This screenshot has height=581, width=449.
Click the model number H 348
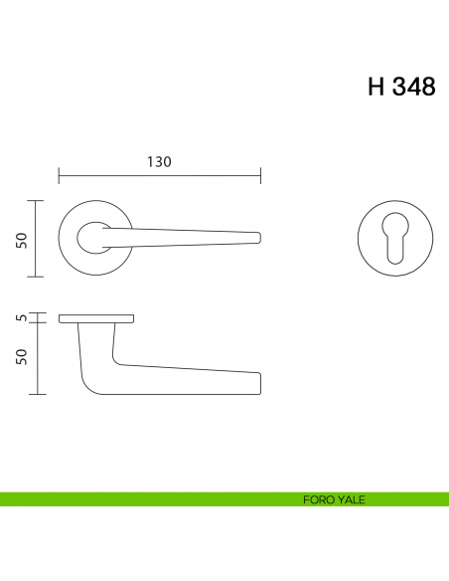(x=401, y=87)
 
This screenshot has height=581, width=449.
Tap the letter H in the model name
(x=376, y=87)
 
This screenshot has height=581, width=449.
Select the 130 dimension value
(x=160, y=162)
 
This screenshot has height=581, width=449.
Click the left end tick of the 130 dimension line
(x=60, y=176)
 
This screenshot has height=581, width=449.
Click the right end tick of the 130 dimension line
(x=261, y=176)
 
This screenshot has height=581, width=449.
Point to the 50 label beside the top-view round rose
(x=21, y=239)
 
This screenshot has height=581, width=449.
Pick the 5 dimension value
(x=21, y=318)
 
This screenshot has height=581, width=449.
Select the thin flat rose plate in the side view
(x=96, y=318)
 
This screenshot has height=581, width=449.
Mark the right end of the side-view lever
(x=258, y=383)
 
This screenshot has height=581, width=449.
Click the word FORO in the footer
(x=319, y=499)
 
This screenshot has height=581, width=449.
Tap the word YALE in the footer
(x=351, y=499)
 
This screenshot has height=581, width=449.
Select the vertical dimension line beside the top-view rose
(x=37, y=239)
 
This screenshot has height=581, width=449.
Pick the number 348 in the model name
(x=413, y=87)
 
